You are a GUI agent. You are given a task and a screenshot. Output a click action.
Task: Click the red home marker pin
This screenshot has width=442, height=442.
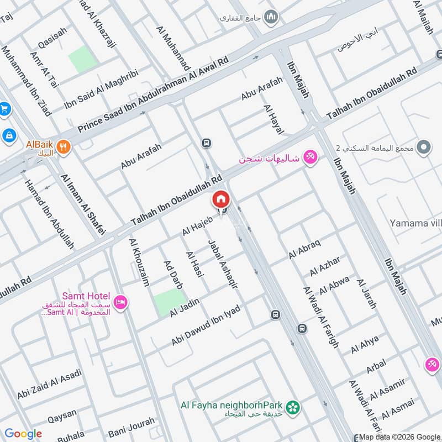click(220, 199)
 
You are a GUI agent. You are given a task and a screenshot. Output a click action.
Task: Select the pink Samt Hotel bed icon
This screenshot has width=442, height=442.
click(122, 302)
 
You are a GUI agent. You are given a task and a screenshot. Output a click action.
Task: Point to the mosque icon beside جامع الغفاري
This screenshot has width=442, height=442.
click(271, 18)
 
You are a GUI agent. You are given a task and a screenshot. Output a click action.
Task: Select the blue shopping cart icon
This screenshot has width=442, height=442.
click(4, 109)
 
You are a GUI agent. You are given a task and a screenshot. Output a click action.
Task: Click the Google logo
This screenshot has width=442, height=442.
click(23, 434)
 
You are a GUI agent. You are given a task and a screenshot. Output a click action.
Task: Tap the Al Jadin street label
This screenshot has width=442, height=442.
click(184, 307)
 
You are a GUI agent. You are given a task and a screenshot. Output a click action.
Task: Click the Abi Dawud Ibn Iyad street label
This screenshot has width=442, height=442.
click(206, 325)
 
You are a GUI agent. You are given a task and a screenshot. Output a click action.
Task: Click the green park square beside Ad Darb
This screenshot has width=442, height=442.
click(169, 302)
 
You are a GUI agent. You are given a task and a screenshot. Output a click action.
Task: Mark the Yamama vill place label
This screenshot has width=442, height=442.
click(414, 223)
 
